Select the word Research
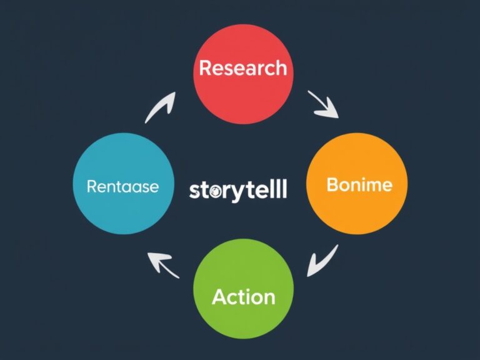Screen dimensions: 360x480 [242, 68]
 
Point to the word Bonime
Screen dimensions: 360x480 [359, 185]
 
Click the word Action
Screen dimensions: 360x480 [243, 296]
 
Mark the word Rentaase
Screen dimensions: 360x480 [122, 186]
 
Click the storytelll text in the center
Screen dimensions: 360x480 [237, 189]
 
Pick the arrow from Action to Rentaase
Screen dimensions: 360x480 [162, 264]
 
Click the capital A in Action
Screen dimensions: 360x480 [219, 296]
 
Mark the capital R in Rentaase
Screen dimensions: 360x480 [91, 186]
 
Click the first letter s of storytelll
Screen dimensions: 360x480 [193, 191]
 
